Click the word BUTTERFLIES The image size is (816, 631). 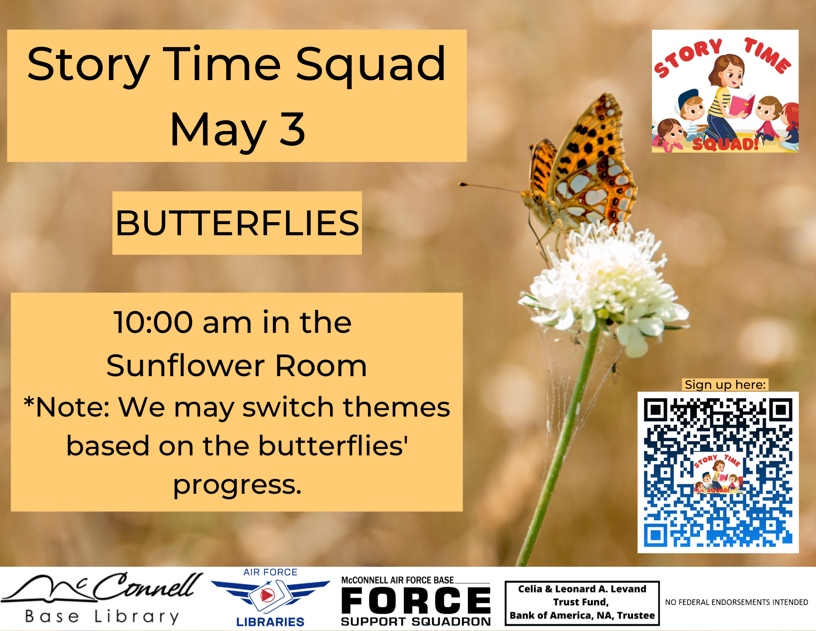(x=237, y=223)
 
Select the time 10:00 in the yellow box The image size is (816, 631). (x=153, y=322)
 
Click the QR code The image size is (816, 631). (x=718, y=473)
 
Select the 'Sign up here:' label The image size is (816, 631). (x=725, y=385)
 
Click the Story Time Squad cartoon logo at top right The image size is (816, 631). (x=725, y=91)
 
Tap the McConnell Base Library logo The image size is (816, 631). (x=102, y=598)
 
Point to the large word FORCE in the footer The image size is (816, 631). (x=416, y=600)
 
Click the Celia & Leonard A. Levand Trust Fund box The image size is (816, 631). (x=582, y=603)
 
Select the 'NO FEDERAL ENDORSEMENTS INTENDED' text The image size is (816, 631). (x=736, y=602)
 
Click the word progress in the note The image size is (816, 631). (x=237, y=485)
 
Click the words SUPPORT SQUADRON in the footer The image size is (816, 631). (x=416, y=621)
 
